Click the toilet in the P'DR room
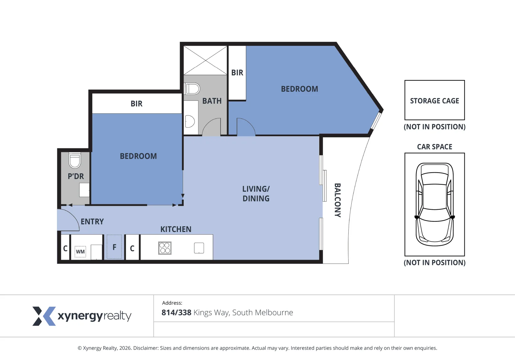point(75,160)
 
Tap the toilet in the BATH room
point(192,89)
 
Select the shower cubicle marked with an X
point(205,60)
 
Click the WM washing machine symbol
point(80,252)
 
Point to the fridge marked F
point(114,247)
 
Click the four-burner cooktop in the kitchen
point(165,248)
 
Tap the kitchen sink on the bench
point(199,248)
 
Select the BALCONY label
point(337,200)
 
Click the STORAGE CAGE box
point(434,100)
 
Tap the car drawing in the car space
point(435,204)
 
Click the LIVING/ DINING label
point(256,194)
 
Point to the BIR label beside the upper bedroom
point(237,73)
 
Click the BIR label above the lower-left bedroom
point(136,104)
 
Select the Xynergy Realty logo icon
point(44,316)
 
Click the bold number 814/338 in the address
point(176,313)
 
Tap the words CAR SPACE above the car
point(434,147)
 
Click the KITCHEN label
point(176,229)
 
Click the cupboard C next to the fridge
point(132,248)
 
